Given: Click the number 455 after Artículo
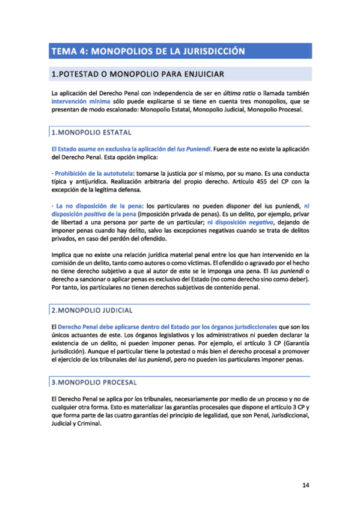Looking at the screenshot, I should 256,182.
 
